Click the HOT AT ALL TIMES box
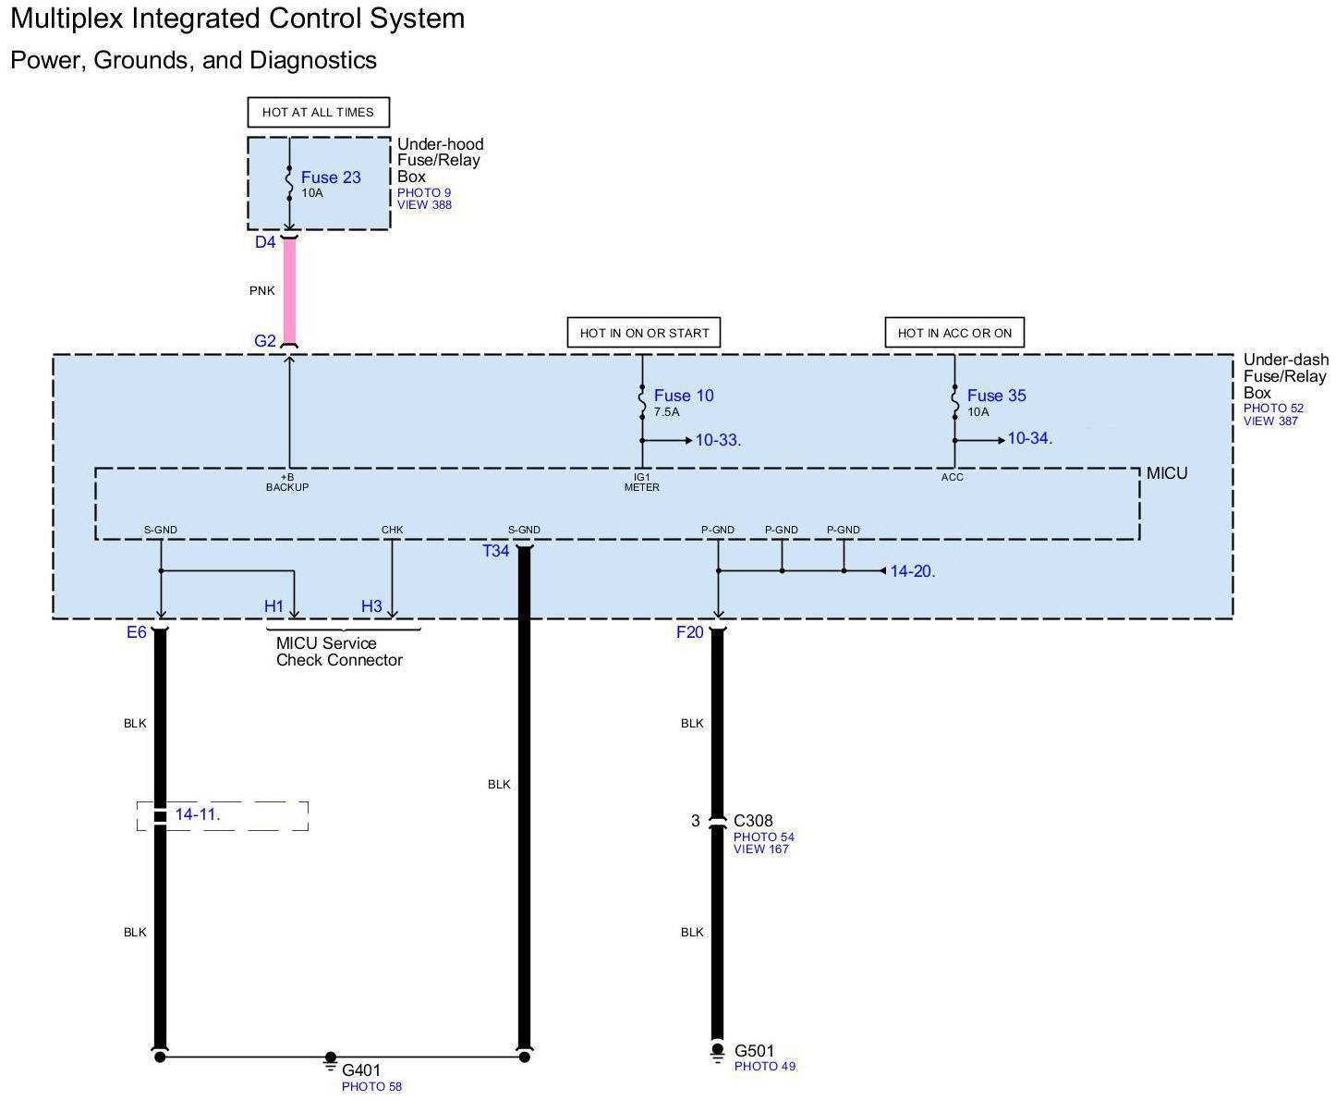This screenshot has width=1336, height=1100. [x=318, y=112]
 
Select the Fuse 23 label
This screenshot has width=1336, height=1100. [x=331, y=177]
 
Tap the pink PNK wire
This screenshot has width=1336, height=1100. [x=289, y=290]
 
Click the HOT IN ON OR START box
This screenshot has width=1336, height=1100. [x=644, y=333]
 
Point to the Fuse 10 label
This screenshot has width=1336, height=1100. [x=684, y=396]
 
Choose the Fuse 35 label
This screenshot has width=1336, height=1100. [x=996, y=396]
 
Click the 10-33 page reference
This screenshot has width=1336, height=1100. [x=717, y=440]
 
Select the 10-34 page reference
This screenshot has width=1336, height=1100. [x=1028, y=439]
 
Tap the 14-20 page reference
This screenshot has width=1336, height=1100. [x=911, y=571]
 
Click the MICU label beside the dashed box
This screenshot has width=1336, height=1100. [x=1167, y=473]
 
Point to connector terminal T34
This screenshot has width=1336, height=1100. [x=496, y=551]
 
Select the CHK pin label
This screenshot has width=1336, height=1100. [x=392, y=530]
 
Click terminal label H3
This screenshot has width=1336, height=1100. [x=371, y=606]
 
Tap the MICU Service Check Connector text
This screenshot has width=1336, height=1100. [x=339, y=652]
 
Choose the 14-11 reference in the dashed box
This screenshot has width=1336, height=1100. [x=197, y=814]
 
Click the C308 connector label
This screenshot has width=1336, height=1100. [x=753, y=821]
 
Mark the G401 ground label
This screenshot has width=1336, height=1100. [x=361, y=1070]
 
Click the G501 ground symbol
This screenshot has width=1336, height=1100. [x=717, y=1053]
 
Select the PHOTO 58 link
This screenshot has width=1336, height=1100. [x=371, y=1087]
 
